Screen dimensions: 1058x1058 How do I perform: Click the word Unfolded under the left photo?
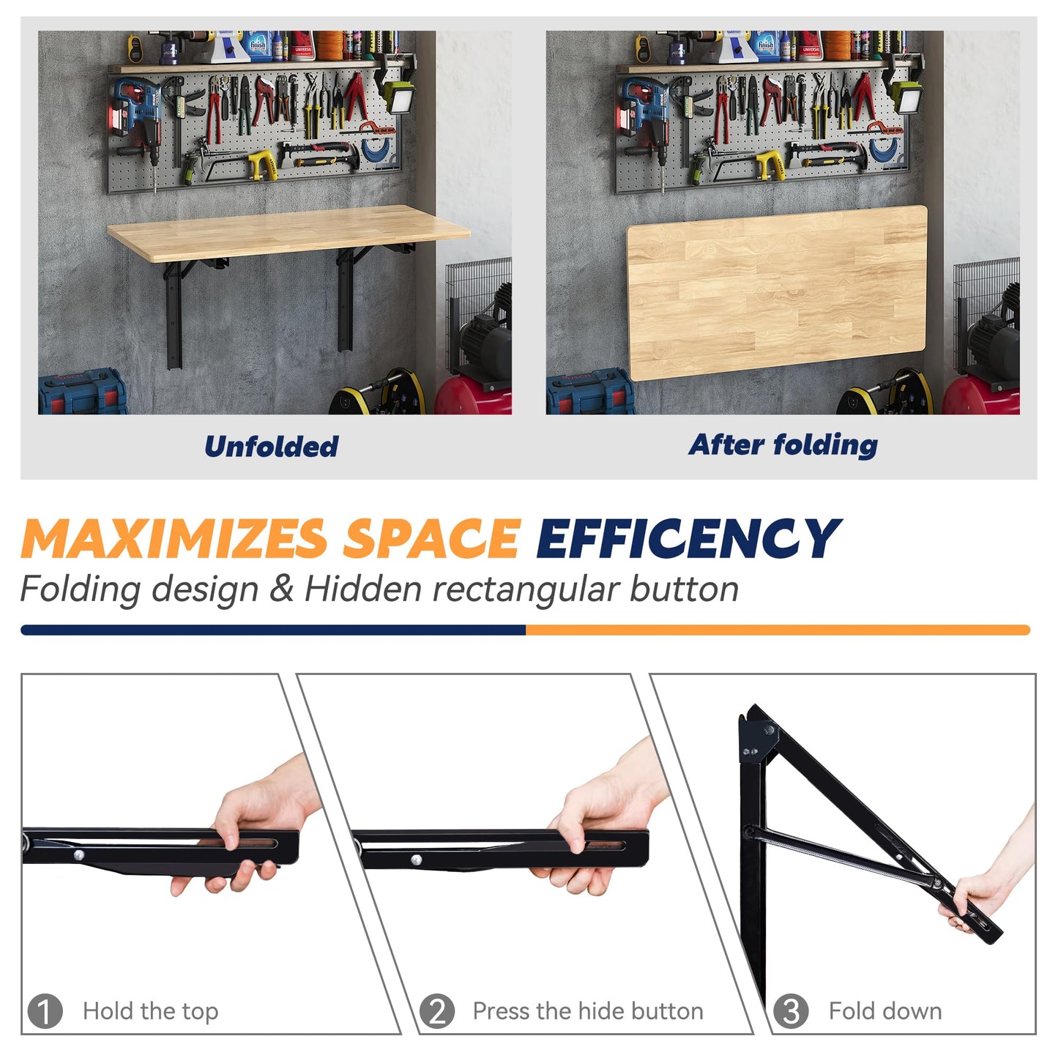pyautogui.click(x=271, y=446)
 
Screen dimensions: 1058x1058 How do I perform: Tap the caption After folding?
pyautogui.click(x=783, y=444)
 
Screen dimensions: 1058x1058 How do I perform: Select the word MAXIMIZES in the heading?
pyautogui.click(x=174, y=540)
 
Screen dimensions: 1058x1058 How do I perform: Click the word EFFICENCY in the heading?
pyautogui.click(x=688, y=540)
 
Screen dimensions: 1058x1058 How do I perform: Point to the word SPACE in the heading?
pyautogui.click(x=432, y=540)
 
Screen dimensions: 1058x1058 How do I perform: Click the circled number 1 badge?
pyautogui.click(x=45, y=1011)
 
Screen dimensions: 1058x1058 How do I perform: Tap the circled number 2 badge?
pyautogui.click(x=436, y=1011)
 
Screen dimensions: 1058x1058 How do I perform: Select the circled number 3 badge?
pyautogui.click(x=791, y=1011)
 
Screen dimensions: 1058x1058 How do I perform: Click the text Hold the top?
pyautogui.click(x=150, y=1011)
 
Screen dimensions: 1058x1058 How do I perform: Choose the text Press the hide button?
pyautogui.click(x=587, y=1011)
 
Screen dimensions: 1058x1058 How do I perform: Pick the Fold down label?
pyautogui.click(x=884, y=1011)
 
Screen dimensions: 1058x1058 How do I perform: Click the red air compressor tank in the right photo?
pyautogui.click(x=981, y=395)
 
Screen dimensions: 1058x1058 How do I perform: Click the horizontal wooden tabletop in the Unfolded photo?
pyautogui.click(x=288, y=231)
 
